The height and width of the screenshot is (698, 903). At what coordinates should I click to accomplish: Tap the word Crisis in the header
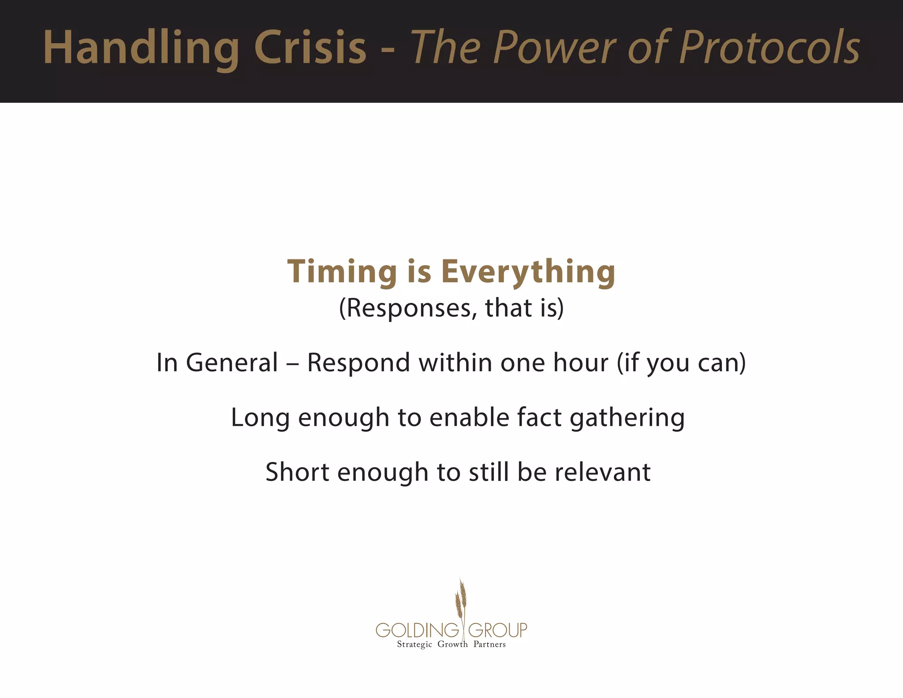(x=310, y=48)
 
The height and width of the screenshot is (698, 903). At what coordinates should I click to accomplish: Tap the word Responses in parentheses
(x=408, y=308)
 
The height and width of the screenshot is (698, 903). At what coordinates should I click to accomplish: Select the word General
(x=232, y=363)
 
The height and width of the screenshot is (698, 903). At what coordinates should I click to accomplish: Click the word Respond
(x=358, y=363)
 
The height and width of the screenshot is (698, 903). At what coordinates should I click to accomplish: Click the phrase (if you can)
(x=681, y=363)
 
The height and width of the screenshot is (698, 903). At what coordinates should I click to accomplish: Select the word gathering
(x=627, y=417)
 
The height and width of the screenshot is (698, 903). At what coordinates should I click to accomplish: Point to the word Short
(x=297, y=472)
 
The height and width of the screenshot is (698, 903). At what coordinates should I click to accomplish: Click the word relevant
(x=602, y=472)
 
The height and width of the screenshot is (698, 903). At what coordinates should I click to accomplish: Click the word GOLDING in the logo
(x=417, y=630)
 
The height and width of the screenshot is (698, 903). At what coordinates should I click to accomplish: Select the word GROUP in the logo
(x=497, y=630)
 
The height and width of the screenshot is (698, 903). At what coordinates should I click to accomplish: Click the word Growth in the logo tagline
(x=452, y=645)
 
